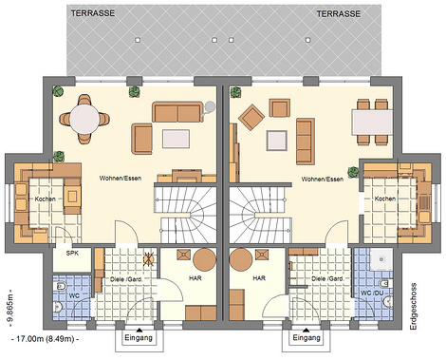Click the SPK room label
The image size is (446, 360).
click(x=72, y=254)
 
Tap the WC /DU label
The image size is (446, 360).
click(x=372, y=293)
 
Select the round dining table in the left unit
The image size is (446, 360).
click(x=84, y=119)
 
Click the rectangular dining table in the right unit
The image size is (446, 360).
click(x=372, y=123)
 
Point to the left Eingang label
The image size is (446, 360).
click(x=139, y=337)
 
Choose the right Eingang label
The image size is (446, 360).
click(x=307, y=337)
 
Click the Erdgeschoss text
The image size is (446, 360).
click(x=413, y=307)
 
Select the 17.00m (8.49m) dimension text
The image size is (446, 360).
click(x=45, y=339)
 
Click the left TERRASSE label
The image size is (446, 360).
click(x=93, y=13)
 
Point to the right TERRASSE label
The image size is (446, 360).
click(x=339, y=13)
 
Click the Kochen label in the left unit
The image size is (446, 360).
click(x=46, y=199)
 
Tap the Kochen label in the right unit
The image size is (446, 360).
click(x=385, y=199)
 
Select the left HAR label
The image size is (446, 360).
click(x=195, y=278)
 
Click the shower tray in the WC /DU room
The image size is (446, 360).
click(x=381, y=259)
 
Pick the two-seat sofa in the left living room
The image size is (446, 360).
click(x=177, y=112)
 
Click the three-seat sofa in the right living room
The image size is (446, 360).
click(x=306, y=142)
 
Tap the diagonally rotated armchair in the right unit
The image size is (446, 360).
click(x=251, y=117)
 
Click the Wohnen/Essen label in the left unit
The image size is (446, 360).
click(x=121, y=179)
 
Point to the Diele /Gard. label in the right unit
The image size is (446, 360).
click(x=327, y=279)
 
